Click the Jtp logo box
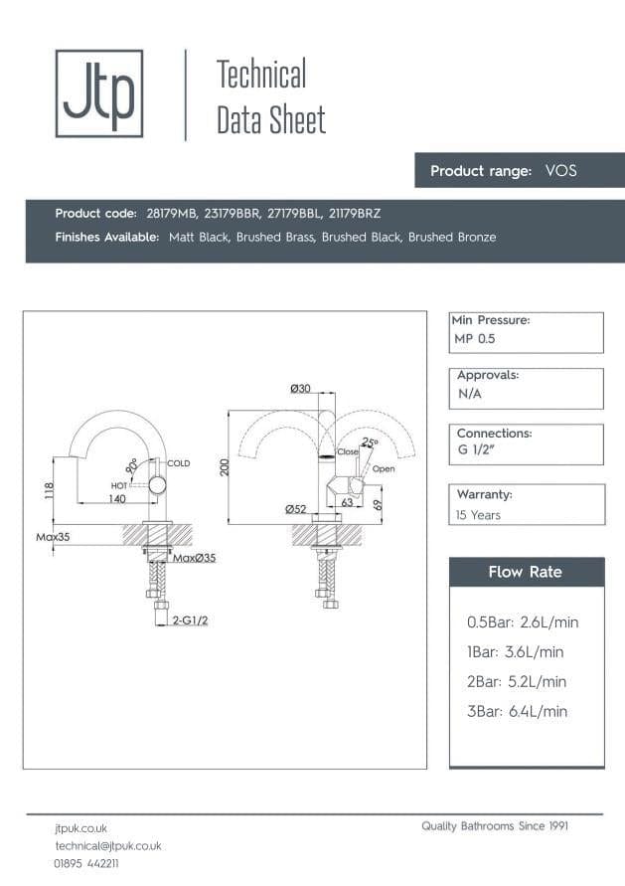point(98,93)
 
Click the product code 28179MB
point(170,214)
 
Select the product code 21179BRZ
point(355,214)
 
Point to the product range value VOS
point(560,171)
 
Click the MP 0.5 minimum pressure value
point(474,339)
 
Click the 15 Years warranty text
point(478,515)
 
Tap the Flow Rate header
point(525,572)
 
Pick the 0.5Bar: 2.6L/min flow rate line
point(522,622)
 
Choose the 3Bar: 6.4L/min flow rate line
point(517,711)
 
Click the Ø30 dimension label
point(300,389)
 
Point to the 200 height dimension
point(226,467)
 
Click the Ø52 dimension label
point(295,509)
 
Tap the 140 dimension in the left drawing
point(117,499)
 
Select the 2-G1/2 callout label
point(189,620)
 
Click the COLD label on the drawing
point(179,463)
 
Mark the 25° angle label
point(370,443)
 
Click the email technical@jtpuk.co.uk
point(107,845)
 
